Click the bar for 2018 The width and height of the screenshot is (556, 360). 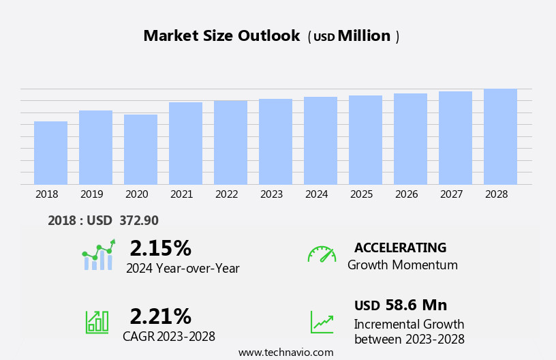[x=50, y=153]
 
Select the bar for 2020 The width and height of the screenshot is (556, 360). [x=140, y=149]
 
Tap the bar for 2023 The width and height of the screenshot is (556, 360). [x=275, y=142]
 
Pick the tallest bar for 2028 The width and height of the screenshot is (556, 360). [x=500, y=136]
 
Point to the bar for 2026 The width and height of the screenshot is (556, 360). [x=410, y=139]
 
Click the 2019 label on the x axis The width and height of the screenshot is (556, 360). [x=92, y=194]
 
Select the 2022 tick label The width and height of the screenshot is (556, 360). [x=227, y=194]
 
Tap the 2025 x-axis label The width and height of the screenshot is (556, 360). [x=362, y=194]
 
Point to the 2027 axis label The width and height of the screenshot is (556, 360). [x=452, y=194]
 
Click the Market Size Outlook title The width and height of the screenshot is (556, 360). [x=221, y=36]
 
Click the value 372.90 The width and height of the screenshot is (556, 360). [x=139, y=221]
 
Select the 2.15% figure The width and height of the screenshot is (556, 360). [x=160, y=248]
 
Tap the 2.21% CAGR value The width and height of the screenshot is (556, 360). [x=160, y=316]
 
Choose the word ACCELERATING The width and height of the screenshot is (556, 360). [x=400, y=248]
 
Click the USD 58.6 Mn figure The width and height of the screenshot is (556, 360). [x=401, y=305]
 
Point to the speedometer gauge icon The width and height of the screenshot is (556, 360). [x=322, y=254]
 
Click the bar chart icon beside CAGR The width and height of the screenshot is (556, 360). [x=97, y=322]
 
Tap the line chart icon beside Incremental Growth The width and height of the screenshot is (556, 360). [x=322, y=322]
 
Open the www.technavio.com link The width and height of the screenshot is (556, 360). [x=285, y=352]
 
